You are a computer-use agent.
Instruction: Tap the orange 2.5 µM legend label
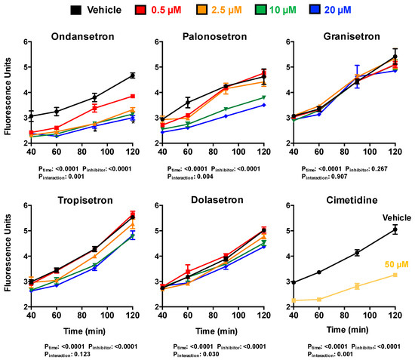click(238, 10)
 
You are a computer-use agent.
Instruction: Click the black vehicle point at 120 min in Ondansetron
click(133, 75)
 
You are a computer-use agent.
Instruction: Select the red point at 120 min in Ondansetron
click(133, 96)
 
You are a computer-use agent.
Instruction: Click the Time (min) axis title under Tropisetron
click(84, 331)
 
